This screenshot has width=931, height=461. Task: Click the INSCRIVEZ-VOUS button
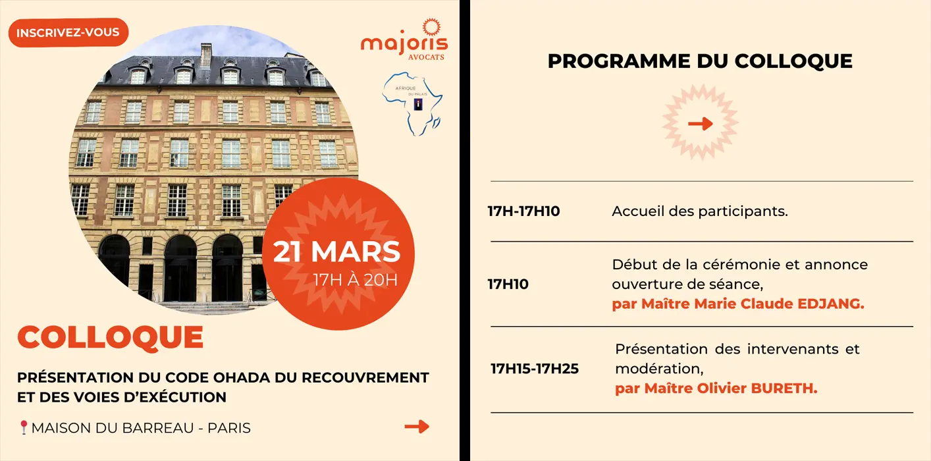(68, 32)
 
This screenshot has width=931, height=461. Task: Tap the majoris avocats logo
(404, 40)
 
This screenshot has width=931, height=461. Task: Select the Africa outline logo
(412, 104)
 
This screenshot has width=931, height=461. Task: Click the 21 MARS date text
(336, 252)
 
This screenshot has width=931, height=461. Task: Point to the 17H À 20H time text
(356, 280)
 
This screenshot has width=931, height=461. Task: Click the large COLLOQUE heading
(110, 337)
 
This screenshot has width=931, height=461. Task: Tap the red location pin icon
(24, 427)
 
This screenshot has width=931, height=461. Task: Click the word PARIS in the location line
(229, 428)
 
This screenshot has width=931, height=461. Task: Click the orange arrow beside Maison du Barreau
(417, 427)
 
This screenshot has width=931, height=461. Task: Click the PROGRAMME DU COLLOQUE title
(700, 61)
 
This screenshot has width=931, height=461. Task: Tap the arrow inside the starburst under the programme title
(701, 123)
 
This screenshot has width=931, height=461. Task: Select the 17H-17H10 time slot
(523, 211)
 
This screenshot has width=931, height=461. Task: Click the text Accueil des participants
(700, 211)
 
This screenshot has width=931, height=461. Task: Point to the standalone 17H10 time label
(508, 285)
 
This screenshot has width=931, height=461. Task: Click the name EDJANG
(831, 304)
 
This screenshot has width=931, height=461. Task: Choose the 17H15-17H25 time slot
(535, 369)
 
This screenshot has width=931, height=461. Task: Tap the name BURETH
(784, 389)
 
